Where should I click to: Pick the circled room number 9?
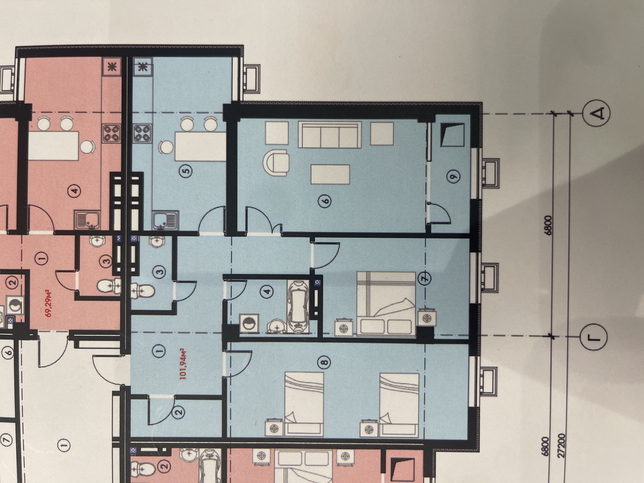point(454,176)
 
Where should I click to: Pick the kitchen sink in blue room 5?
point(165,220)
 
